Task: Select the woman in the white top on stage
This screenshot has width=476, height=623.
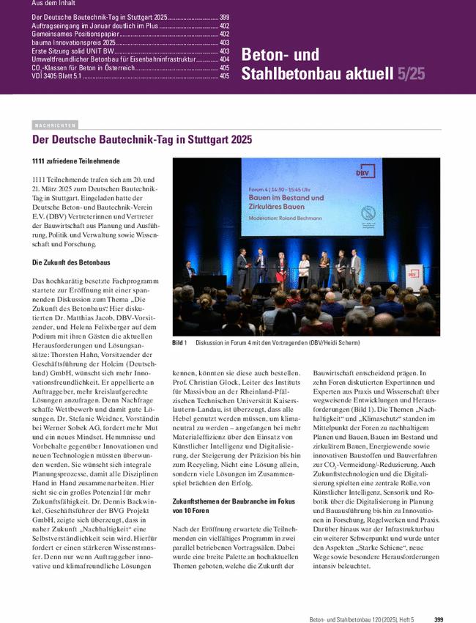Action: pos(303,272)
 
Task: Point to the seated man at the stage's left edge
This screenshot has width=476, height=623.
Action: pos(190,272)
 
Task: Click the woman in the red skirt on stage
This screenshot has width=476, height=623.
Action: pos(280,273)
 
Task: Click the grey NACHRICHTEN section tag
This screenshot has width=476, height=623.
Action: pos(55,125)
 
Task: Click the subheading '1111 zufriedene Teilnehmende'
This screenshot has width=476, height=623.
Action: pos(76,161)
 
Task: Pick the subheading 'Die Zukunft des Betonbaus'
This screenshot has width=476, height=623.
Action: pos(72,262)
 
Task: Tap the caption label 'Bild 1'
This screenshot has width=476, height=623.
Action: pos(180,343)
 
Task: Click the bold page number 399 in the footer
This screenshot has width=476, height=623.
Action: pos(439,600)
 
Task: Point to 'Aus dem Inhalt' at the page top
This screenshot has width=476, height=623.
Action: pos(53,4)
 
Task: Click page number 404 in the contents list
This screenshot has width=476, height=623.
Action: pos(224,59)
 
